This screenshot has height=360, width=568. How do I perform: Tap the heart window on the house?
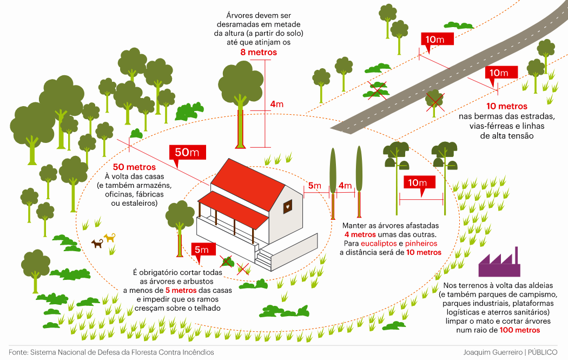coord(289,206)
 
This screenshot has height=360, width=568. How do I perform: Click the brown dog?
coord(97,244)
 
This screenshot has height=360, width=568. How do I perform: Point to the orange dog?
coord(110,237)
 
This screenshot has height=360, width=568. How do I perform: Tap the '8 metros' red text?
coord(259,53)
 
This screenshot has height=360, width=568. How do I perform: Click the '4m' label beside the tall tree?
coord(276,104)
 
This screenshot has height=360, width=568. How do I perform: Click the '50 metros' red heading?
coord(134,167)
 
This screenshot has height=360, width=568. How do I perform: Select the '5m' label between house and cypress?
coord(315,186)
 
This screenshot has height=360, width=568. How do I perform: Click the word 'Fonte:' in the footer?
coord(18,352)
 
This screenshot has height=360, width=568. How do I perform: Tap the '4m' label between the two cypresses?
coord(345,186)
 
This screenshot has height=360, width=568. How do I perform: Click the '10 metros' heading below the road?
coord(506,106)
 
